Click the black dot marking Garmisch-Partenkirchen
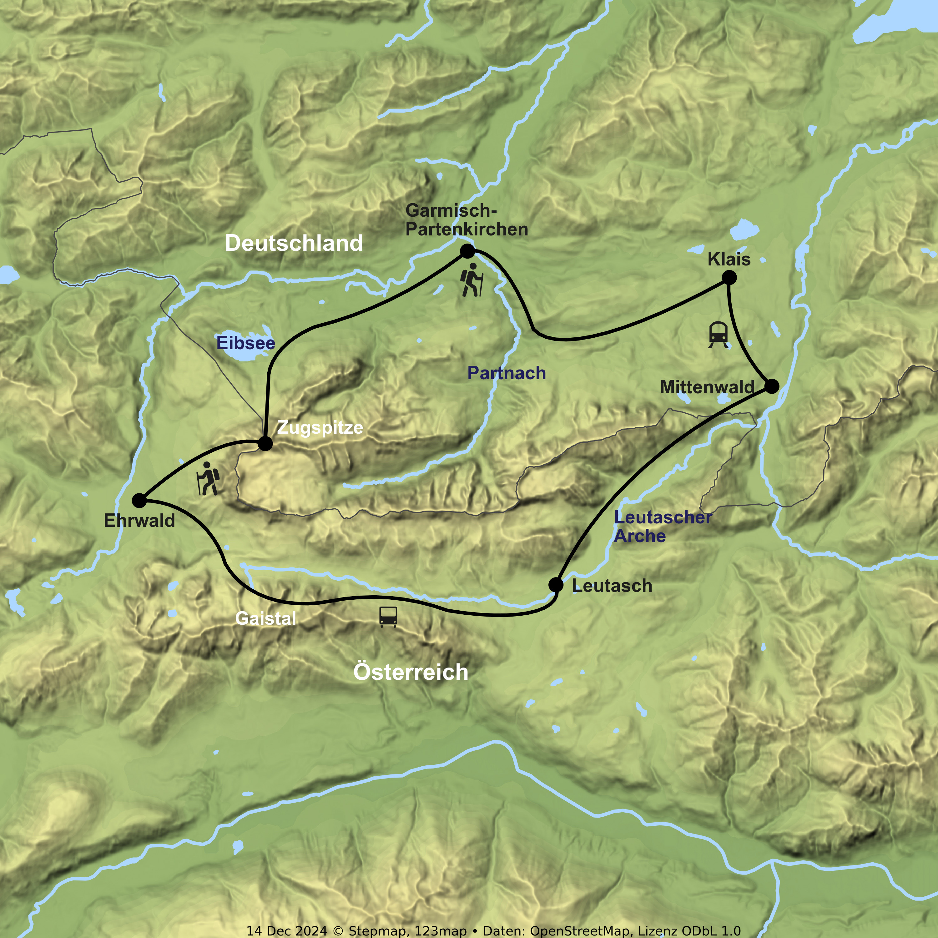point(467,251)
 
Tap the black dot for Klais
point(729,278)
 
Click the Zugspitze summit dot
point(265,443)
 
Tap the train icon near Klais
point(718,335)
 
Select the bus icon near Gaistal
point(388,617)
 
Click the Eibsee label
point(246,343)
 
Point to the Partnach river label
point(507,373)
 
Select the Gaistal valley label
point(265,618)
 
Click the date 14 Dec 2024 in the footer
point(287,931)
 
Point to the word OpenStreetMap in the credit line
point(580,931)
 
